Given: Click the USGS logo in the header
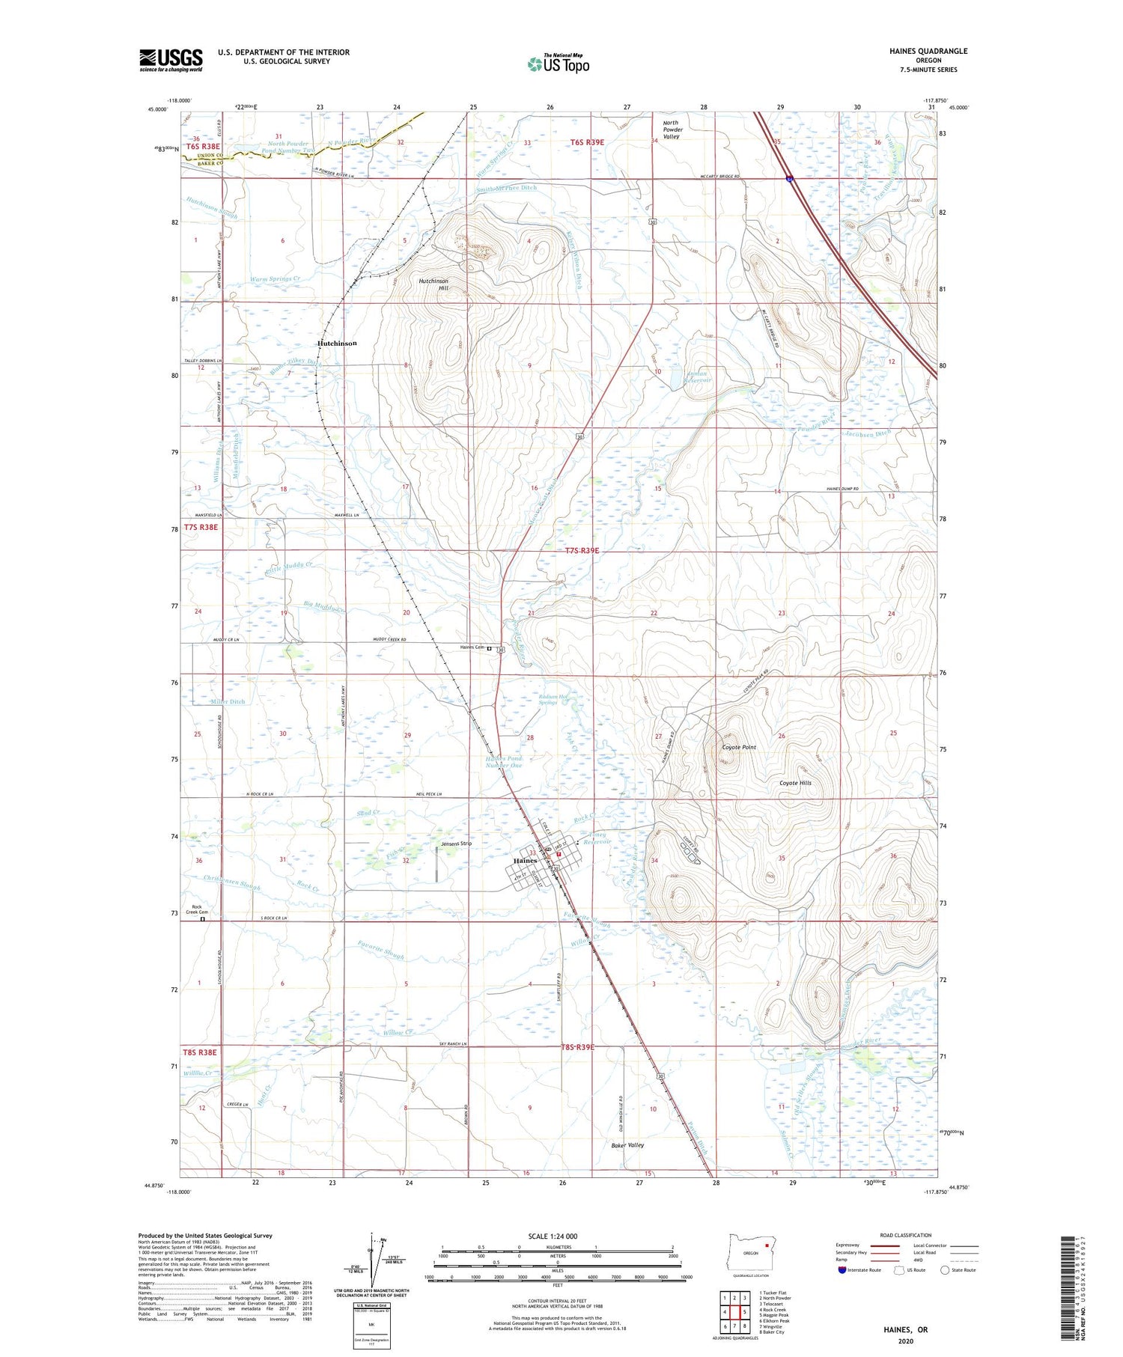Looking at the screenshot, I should click(171, 60).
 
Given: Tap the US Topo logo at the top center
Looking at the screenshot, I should click(558, 64).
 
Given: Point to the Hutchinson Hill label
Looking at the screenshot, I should click(433, 284).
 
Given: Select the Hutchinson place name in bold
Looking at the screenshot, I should click(337, 343).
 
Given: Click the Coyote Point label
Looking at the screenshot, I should click(738, 747).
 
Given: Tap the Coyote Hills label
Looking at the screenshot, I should click(795, 783).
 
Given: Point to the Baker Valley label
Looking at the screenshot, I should click(627, 1145).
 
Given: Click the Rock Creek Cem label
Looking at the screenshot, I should click(198, 909).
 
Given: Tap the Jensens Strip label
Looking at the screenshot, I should click(456, 844).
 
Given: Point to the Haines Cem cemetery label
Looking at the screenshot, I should click(472, 647).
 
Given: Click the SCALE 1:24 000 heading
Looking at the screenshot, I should click(553, 1236).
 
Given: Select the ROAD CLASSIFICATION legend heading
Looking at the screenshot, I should click(906, 1235).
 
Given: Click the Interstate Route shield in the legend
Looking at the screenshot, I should click(842, 1269).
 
